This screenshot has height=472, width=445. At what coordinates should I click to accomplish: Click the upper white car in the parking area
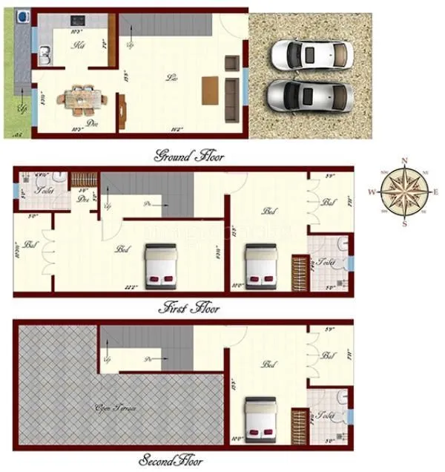click(310, 54)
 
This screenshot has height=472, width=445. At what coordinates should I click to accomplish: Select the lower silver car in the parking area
click(309, 96)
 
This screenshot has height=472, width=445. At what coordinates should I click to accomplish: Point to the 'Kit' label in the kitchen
click(79, 46)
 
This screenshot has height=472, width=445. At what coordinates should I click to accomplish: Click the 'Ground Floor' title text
click(188, 157)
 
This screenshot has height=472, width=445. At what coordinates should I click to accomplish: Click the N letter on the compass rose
click(404, 160)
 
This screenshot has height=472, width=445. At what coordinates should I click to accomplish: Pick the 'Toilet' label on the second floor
click(324, 417)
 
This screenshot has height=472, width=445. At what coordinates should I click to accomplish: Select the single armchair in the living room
click(232, 63)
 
